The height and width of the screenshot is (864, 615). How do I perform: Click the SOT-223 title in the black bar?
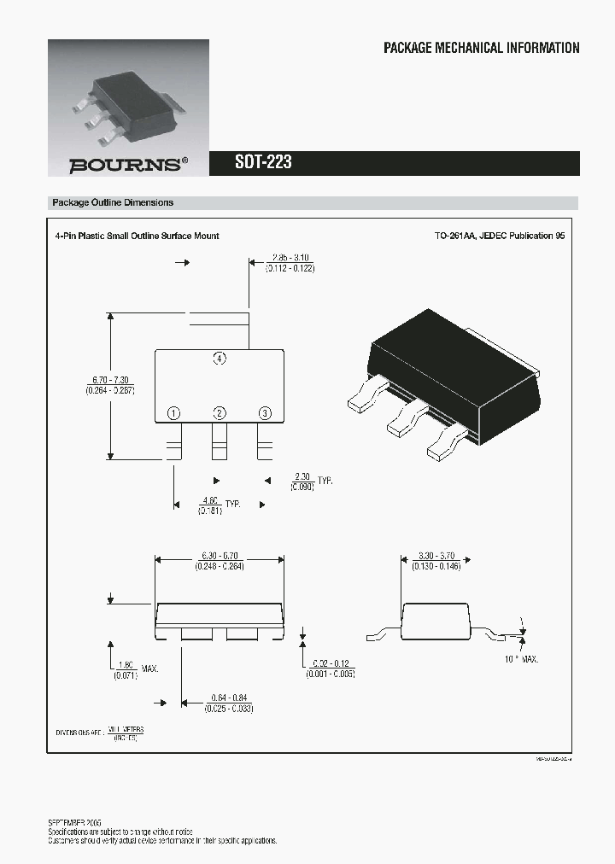(x=263, y=162)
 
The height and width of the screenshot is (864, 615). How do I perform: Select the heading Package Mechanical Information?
(x=481, y=49)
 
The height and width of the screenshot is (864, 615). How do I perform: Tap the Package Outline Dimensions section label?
(x=113, y=203)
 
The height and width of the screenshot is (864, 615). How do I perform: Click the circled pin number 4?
(x=220, y=359)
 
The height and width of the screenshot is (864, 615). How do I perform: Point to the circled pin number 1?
(x=173, y=413)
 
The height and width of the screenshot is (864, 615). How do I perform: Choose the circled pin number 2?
(x=220, y=413)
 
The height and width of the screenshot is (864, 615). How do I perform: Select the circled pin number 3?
(x=265, y=413)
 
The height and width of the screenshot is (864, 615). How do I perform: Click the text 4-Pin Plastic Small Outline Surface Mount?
(x=137, y=236)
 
